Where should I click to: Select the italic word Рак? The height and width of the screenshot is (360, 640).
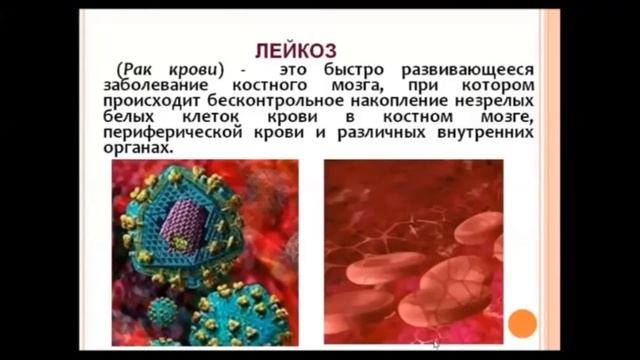137,71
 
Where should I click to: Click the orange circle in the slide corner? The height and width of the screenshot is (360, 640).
522,322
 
